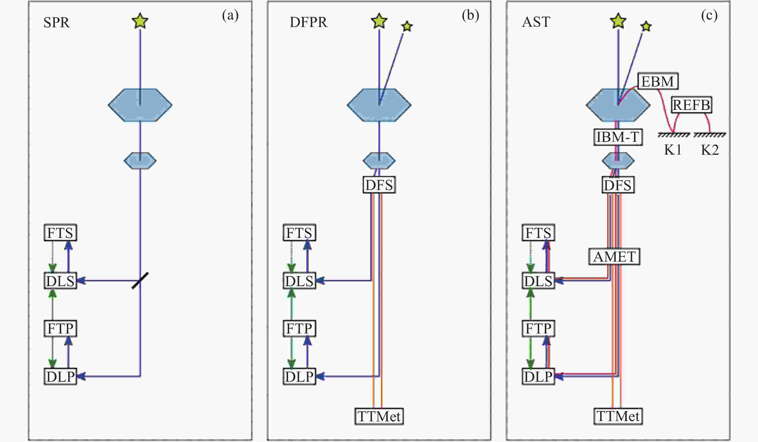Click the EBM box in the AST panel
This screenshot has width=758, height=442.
(x=658, y=81)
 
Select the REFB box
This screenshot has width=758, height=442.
(x=691, y=105)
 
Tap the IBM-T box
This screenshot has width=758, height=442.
(x=618, y=137)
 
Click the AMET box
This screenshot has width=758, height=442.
(x=614, y=257)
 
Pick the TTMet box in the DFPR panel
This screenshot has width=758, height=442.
(x=379, y=416)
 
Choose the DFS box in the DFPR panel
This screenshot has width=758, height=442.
(x=379, y=185)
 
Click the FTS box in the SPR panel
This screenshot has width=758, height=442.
(x=61, y=233)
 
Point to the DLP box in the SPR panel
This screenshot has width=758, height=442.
(x=61, y=376)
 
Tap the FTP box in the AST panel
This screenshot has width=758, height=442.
(x=539, y=329)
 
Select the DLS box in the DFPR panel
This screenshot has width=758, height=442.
(x=299, y=281)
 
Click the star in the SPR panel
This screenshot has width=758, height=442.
(x=140, y=21)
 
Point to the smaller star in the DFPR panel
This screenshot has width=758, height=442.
(x=407, y=26)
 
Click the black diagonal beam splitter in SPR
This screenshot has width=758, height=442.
(x=140, y=281)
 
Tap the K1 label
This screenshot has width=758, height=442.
(x=673, y=150)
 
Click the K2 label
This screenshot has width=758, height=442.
(x=710, y=150)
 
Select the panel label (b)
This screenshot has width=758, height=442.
(x=470, y=15)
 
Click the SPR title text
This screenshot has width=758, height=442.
(x=57, y=22)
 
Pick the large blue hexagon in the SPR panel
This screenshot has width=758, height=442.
(x=140, y=105)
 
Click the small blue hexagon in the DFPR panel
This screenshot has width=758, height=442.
(x=379, y=161)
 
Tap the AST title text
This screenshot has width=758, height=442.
(x=536, y=22)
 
